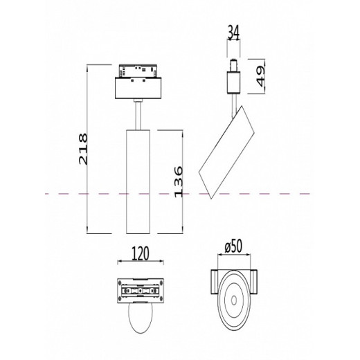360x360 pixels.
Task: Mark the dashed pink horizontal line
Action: [x=69, y=195]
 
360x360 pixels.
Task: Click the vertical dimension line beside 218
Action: [x=88, y=150]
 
